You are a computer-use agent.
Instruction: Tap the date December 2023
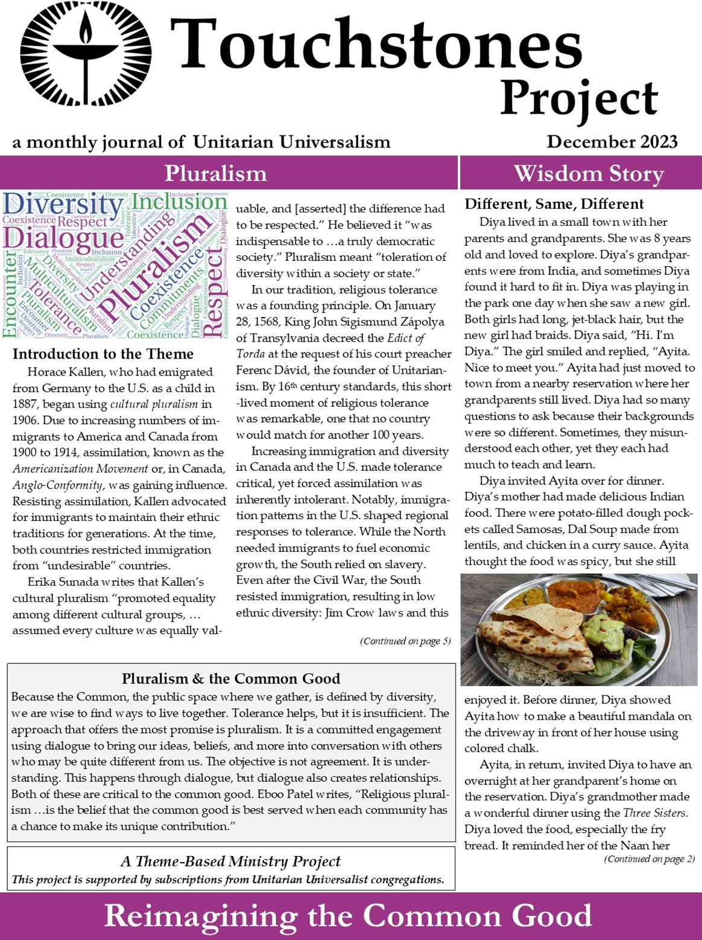click(612, 142)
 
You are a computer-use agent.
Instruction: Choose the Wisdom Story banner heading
click(589, 174)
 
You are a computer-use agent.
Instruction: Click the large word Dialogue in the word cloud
click(63, 238)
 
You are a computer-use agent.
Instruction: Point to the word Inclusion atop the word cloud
click(179, 203)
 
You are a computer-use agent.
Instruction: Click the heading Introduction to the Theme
click(103, 354)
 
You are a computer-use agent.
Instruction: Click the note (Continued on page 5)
click(405, 641)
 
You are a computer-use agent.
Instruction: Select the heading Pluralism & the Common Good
click(231, 679)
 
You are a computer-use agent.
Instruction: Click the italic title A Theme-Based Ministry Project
click(231, 862)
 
